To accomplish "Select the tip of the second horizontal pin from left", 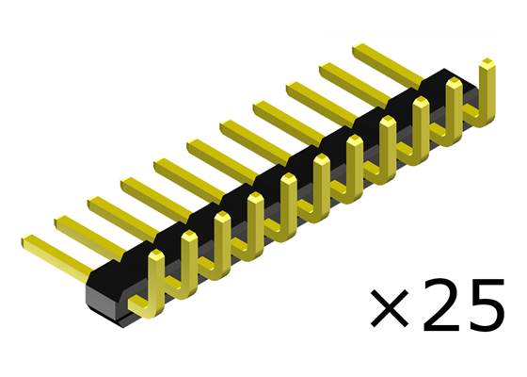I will click(58, 221).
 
